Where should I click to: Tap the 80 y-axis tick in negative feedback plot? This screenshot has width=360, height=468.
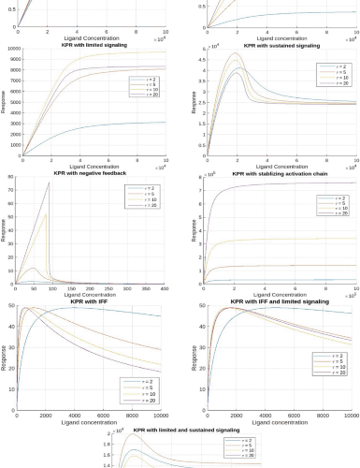(x=10, y=177)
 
